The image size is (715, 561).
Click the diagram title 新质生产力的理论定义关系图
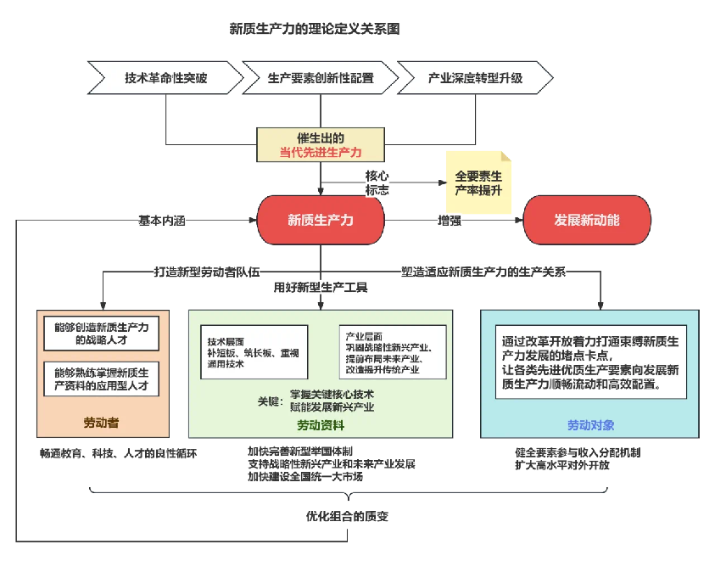[x=314, y=28]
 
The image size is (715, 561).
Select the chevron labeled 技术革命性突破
[x=165, y=78]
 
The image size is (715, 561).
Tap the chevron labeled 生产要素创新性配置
[x=320, y=78]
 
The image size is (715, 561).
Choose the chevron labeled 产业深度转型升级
[x=475, y=78]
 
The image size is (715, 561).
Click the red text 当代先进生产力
[x=321, y=153]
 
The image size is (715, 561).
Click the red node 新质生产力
[x=321, y=220]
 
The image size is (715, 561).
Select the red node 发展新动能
[x=587, y=220]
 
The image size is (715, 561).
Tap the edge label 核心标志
[x=377, y=182]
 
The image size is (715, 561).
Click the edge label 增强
[x=450, y=220]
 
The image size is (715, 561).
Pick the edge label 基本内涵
[x=161, y=220]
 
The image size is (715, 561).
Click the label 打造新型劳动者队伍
[x=207, y=272]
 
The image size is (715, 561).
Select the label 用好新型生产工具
[x=321, y=288]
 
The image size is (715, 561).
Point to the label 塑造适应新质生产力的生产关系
[x=483, y=272]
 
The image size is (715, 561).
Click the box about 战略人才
[x=101, y=334]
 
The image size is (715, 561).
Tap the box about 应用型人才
[x=101, y=379]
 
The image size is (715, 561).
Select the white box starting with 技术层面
[x=254, y=347]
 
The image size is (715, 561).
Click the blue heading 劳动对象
[x=591, y=424]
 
